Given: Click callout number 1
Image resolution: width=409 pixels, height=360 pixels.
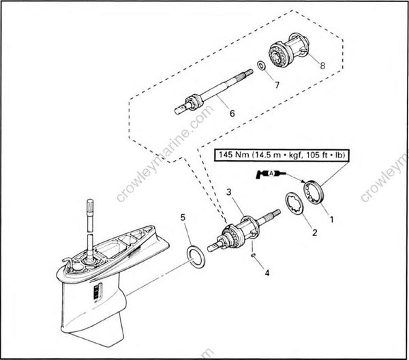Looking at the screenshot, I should click(333, 220).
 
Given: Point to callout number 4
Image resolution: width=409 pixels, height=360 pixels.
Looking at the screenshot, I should click(267, 273).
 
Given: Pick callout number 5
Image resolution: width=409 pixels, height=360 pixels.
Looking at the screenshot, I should click(183, 217).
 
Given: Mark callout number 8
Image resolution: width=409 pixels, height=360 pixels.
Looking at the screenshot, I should click(322, 67).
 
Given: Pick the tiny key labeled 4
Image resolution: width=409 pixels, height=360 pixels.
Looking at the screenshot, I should click(252, 256).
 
